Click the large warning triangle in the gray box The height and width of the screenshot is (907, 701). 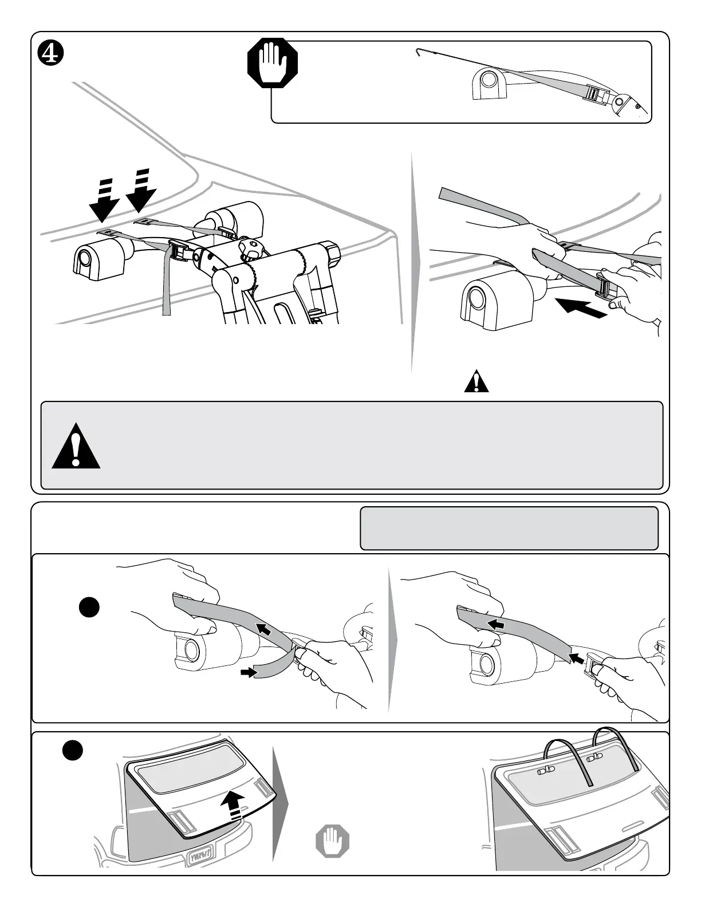tap(76, 446)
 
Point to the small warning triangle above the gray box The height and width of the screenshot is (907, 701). tap(476, 382)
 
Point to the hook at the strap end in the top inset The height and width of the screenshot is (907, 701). tap(418, 52)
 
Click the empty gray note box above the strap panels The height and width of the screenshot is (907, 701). tap(509, 527)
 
